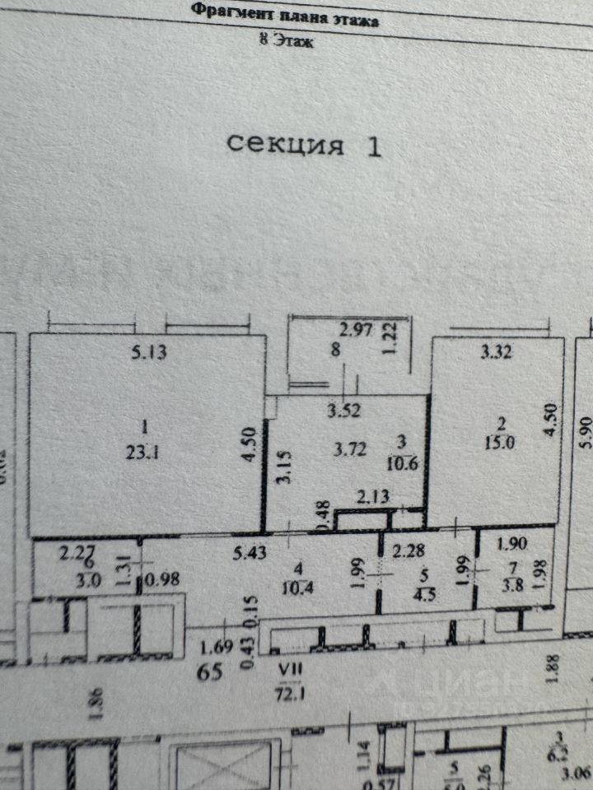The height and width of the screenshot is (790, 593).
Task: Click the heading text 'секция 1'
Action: point(304,145)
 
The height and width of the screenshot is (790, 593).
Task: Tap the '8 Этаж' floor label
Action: point(286,39)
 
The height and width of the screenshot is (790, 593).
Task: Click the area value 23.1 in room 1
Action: point(145,451)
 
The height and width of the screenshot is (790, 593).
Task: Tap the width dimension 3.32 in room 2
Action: point(497,354)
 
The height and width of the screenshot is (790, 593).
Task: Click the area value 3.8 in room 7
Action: point(516,586)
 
